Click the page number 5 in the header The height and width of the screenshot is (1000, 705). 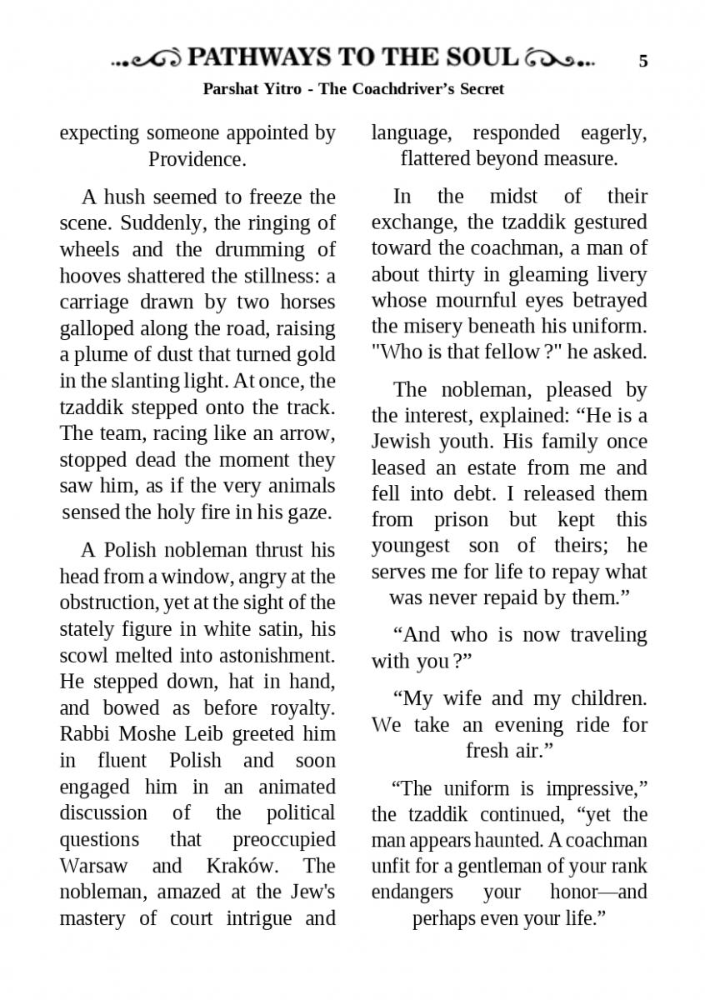pos(642,60)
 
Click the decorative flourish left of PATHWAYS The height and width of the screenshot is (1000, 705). pos(147,59)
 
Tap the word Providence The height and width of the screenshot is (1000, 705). pos(197,158)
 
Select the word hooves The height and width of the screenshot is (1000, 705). pos(89,276)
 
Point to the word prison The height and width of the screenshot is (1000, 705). pos(452,520)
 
